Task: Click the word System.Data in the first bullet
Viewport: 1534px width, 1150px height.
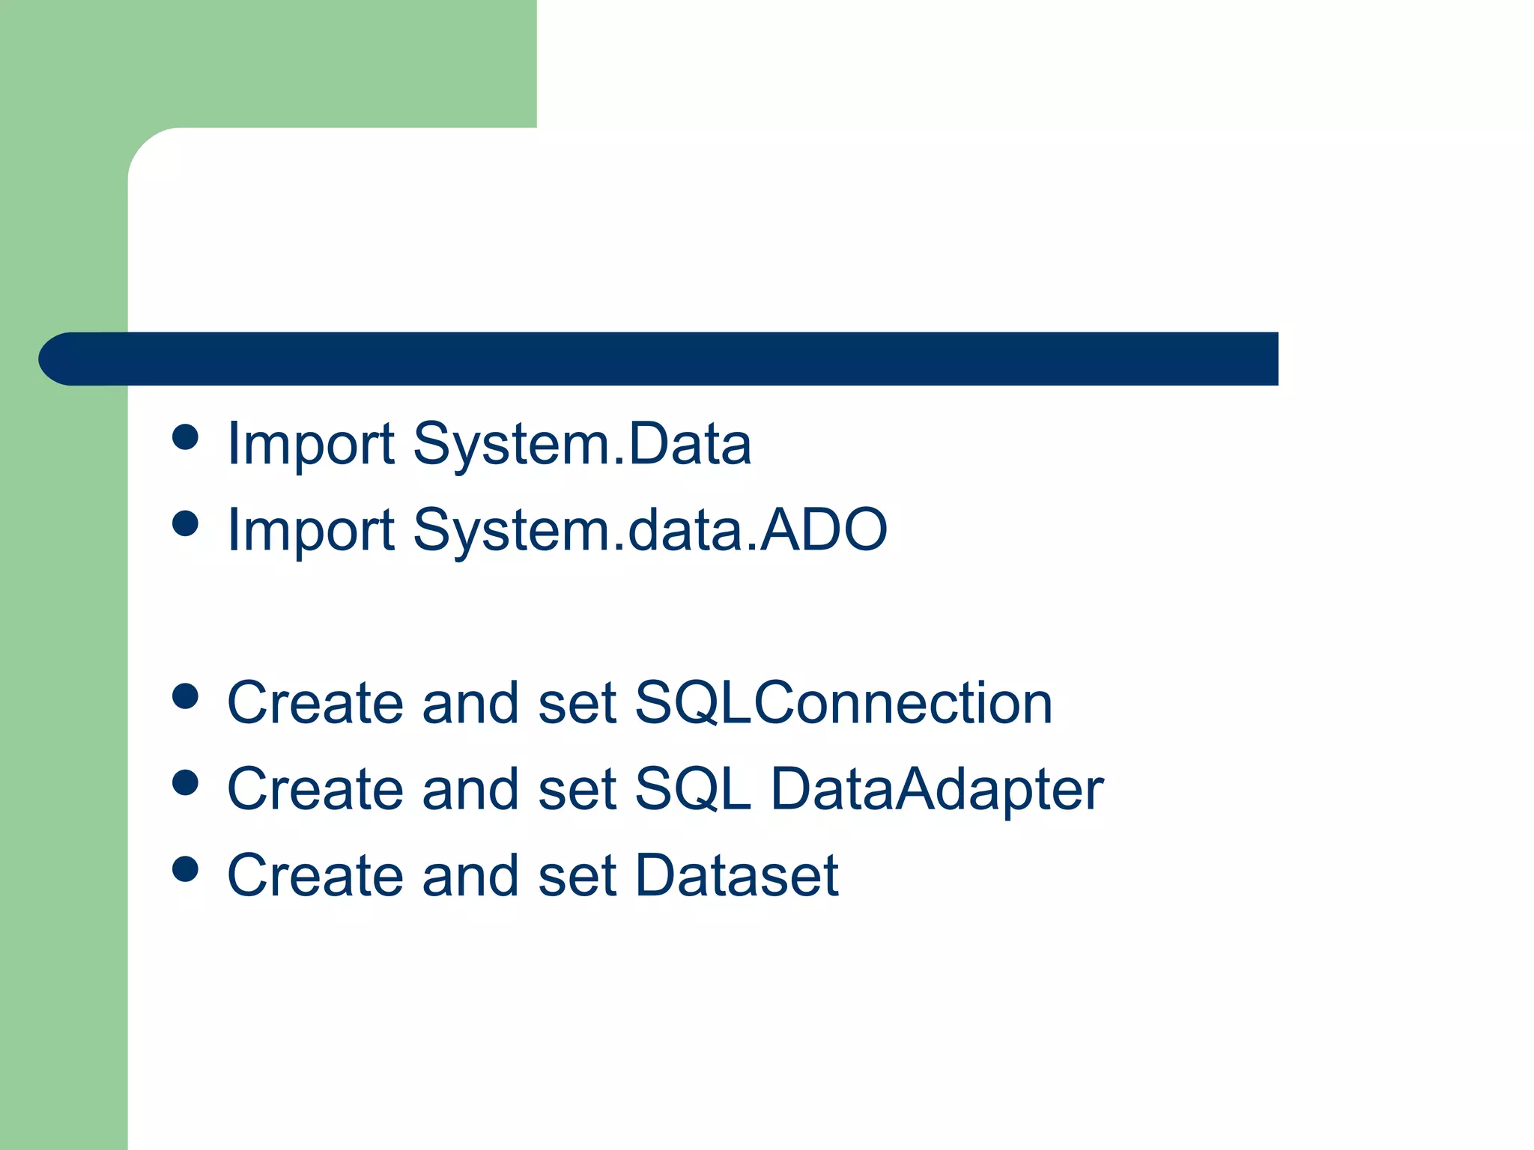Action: tap(581, 445)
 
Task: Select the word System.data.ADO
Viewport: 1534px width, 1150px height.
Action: tap(649, 531)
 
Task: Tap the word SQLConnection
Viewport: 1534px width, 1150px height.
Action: tap(843, 704)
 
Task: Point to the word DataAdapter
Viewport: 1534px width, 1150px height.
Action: tap(937, 791)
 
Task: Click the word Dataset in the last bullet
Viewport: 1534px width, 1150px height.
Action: tap(737, 876)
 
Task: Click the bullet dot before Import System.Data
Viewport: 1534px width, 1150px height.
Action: tap(185, 437)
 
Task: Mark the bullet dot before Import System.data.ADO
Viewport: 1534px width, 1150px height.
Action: tap(185, 524)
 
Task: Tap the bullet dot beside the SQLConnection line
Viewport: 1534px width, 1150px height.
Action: tap(185, 696)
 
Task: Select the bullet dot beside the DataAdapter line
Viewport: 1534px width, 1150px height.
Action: tap(185, 783)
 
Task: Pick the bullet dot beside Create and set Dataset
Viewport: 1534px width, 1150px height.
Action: tap(185, 869)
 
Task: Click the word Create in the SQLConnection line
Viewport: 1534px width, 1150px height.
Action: tap(315, 704)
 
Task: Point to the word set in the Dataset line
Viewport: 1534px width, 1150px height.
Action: tap(577, 876)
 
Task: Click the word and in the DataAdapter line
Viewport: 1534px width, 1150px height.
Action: tap(470, 790)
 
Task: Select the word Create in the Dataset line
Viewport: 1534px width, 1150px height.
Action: tap(315, 876)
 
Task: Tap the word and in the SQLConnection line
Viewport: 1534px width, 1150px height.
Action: tap(470, 704)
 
